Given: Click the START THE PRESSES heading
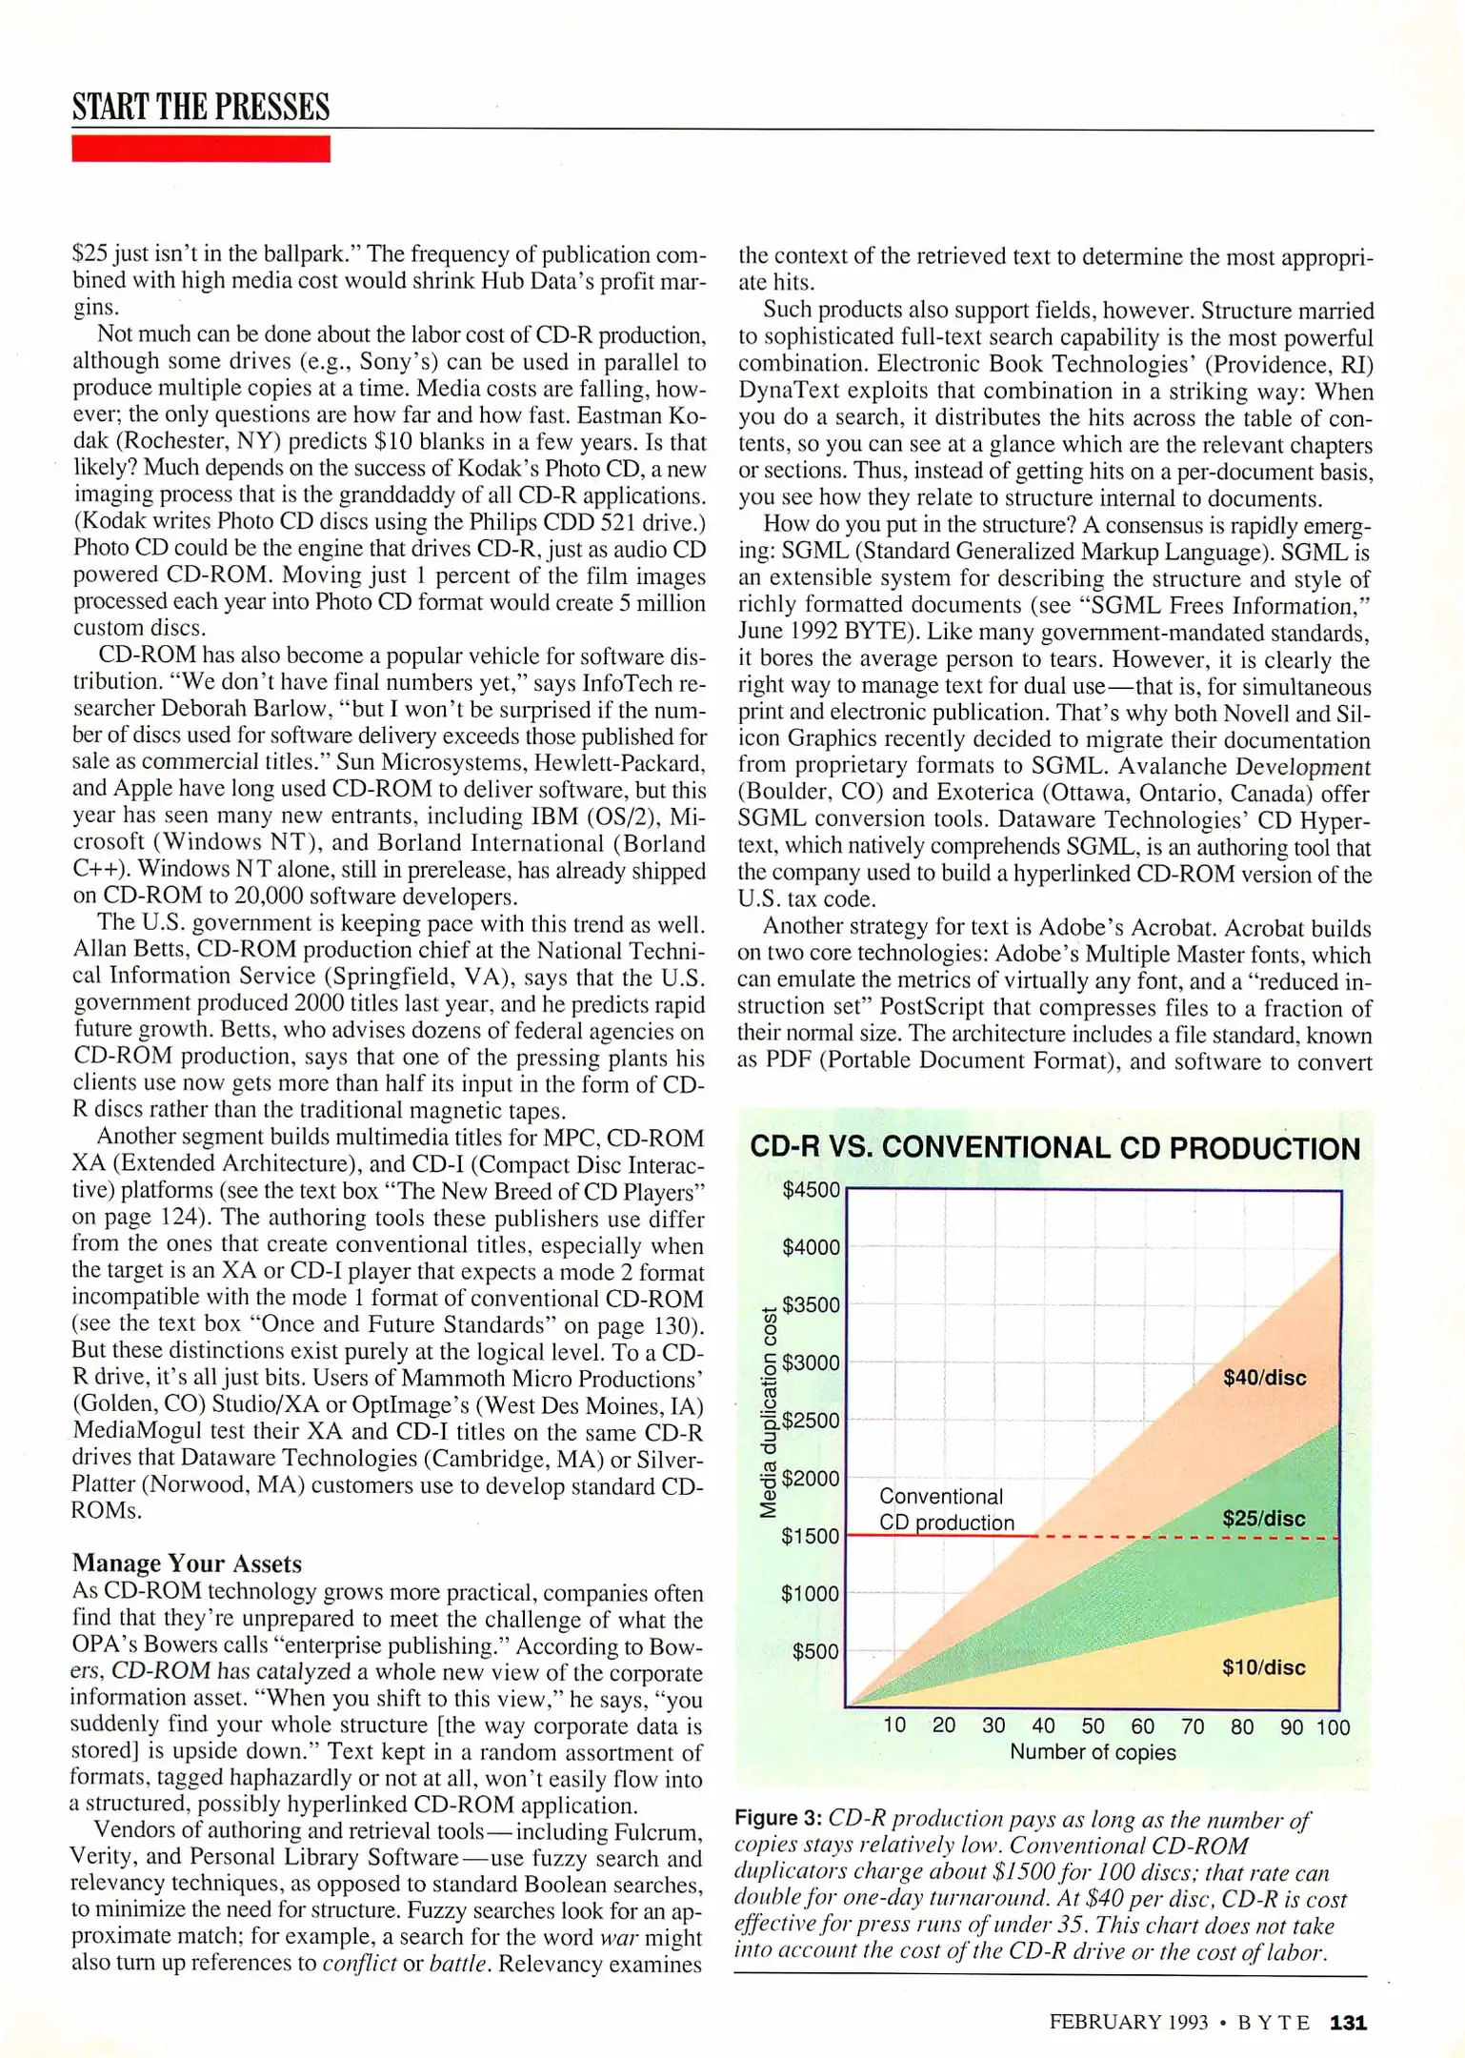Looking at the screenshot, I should point(201,107).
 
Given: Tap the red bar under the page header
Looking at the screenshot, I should point(201,149).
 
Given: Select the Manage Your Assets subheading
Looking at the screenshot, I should point(187,1564).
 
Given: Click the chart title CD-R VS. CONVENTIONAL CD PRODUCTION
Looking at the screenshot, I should point(1054,1148).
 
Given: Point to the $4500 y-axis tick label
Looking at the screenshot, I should point(811,1190).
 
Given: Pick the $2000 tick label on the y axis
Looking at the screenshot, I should point(811,1479).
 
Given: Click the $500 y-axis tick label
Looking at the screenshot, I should point(815,1651).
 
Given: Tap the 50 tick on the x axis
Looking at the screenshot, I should point(1093,1726).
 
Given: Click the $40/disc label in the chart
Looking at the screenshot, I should point(1264,1378).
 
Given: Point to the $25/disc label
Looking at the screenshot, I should point(1263,1519).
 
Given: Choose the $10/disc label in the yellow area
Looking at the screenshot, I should point(1263,1667).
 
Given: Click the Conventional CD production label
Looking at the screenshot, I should point(946,1509).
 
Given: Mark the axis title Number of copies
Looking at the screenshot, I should point(1093,1752).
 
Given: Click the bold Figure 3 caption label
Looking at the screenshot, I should point(777,1819).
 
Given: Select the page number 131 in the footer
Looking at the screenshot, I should point(1348,2022).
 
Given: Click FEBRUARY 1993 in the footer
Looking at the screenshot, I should point(1129,2022).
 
